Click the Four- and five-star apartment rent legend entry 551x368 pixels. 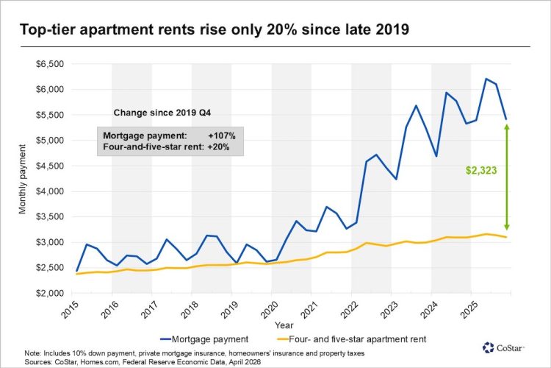364,340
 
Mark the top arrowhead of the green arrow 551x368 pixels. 507,127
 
